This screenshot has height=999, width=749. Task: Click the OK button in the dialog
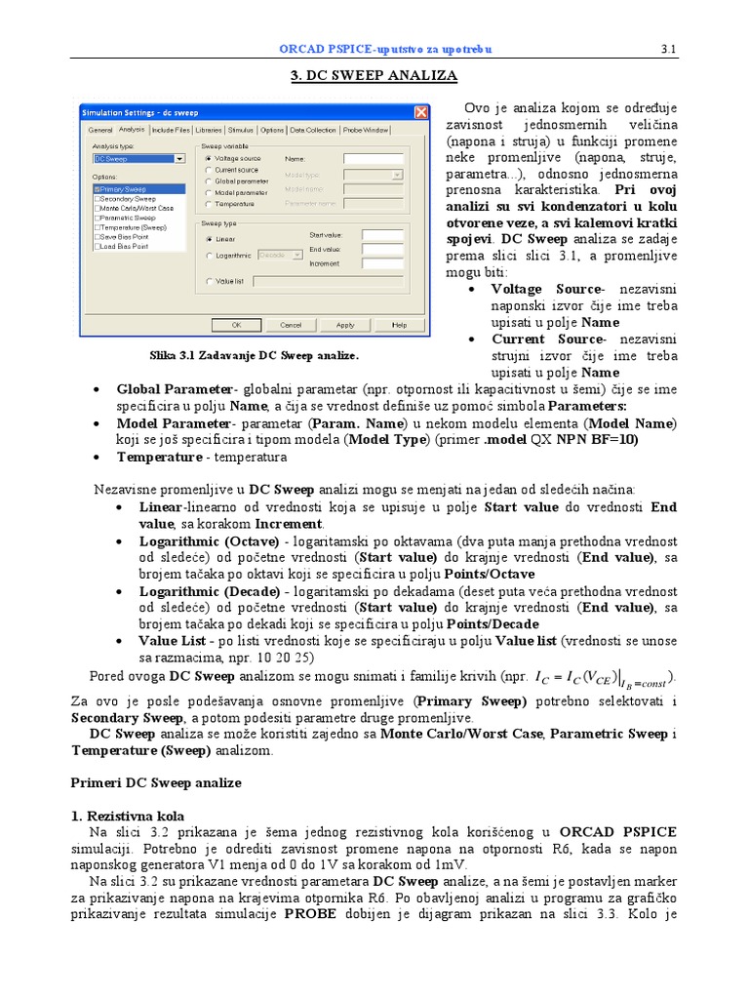(x=237, y=325)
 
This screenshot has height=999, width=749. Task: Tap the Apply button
(x=345, y=325)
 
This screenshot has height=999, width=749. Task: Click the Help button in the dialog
(x=399, y=325)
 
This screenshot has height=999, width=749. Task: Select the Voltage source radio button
(x=209, y=158)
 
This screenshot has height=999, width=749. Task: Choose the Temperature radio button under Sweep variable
(x=209, y=204)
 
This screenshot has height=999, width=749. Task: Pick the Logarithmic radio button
(x=209, y=256)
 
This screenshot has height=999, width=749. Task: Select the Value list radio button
(x=209, y=282)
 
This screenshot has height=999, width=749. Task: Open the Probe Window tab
(x=366, y=130)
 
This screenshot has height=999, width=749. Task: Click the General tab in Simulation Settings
(x=101, y=130)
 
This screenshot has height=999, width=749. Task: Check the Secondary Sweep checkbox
(x=98, y=199)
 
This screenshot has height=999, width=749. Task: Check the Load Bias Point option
(x=98, y=247)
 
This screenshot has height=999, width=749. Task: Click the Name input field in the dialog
(x=373, y=158)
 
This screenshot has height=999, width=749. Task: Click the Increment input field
(x=381, y=263)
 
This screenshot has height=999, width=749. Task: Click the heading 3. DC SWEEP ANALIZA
(x=374, y=75)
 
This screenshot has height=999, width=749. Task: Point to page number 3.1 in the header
(x=669, y=49)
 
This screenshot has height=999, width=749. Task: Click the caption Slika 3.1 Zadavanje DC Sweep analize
(x=255, y=354)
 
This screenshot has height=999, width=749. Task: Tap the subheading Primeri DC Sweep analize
(x=157, y=782)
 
